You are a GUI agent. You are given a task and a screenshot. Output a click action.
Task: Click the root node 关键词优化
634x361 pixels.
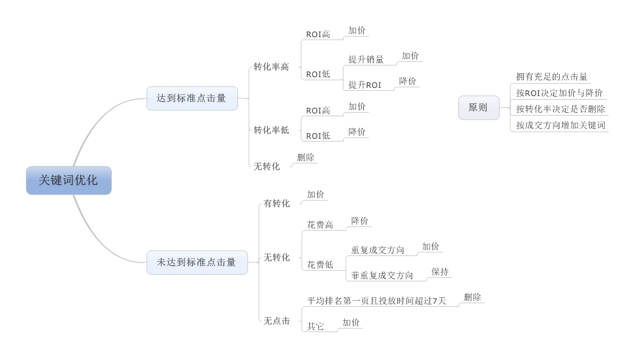click(x=69, y=180)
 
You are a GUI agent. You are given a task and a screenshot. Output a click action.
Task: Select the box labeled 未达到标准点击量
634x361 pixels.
click(x=197, y=262)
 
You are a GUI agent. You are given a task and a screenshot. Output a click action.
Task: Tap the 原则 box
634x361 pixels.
click(x=478, y=108)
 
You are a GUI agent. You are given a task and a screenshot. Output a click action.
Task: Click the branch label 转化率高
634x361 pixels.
click(x=271, y=67)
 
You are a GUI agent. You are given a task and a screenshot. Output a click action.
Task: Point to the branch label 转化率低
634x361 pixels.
click(x=271, y=130)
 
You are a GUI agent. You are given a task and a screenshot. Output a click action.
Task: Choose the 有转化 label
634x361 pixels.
click(x=276, y=203)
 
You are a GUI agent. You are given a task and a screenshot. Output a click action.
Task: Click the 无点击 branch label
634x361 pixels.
click(x=276, y=320)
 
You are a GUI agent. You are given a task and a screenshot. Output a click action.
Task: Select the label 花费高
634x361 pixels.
click(x=320, y=225)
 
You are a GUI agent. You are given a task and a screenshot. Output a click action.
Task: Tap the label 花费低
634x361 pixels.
click(x=320, y=265)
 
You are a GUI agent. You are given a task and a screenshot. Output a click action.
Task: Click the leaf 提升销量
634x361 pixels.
click(x=366, y=60)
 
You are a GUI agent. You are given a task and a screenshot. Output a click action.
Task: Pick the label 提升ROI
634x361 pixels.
click(x=365, y=85)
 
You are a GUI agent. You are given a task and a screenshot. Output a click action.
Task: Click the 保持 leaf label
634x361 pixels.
click(x=440, y=271)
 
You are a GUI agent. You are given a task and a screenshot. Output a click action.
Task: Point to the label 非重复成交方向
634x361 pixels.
click(x=382, y=275)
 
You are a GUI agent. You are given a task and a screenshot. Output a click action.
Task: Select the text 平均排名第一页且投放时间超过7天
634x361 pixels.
click(x=377, y=301)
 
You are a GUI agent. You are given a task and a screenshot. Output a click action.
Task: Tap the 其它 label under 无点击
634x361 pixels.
click(x=315, y=326)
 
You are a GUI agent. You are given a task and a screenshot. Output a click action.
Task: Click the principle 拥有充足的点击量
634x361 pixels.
click(x=552, y=77)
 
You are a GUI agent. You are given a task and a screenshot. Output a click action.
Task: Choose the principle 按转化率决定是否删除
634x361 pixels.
click(x=560, y=109)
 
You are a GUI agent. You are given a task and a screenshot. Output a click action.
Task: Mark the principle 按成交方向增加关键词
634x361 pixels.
click(x=560, y=125)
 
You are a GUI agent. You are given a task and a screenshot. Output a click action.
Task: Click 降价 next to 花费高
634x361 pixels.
click(x=359, y=221)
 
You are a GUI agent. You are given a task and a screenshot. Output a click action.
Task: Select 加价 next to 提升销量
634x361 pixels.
click(x=410, y=55)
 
